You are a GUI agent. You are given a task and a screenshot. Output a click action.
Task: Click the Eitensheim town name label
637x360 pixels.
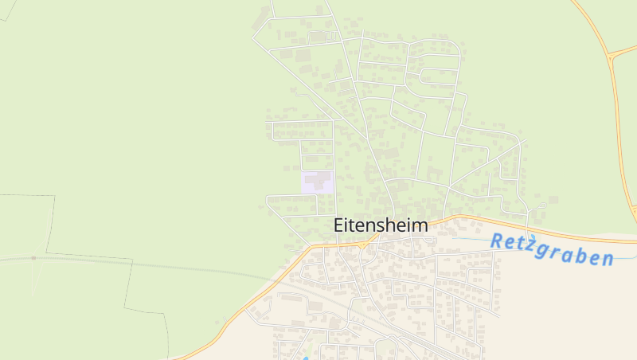(380, 225)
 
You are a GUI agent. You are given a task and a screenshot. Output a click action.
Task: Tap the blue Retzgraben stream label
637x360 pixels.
(552, 249)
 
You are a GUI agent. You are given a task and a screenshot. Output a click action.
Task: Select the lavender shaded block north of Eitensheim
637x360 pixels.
(317, 182)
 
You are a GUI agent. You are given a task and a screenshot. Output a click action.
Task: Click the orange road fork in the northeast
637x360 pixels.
(609, 56)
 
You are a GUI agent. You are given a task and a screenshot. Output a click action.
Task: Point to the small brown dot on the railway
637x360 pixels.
(33, 258)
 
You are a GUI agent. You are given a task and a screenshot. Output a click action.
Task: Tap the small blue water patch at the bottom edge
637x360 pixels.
(305, 357)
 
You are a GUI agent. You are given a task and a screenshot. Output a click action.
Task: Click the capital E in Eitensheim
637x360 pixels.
(338, 225)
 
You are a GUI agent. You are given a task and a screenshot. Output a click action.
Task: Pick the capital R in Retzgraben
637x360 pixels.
(497, 241)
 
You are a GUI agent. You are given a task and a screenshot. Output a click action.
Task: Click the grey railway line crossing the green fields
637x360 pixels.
(159, 265)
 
